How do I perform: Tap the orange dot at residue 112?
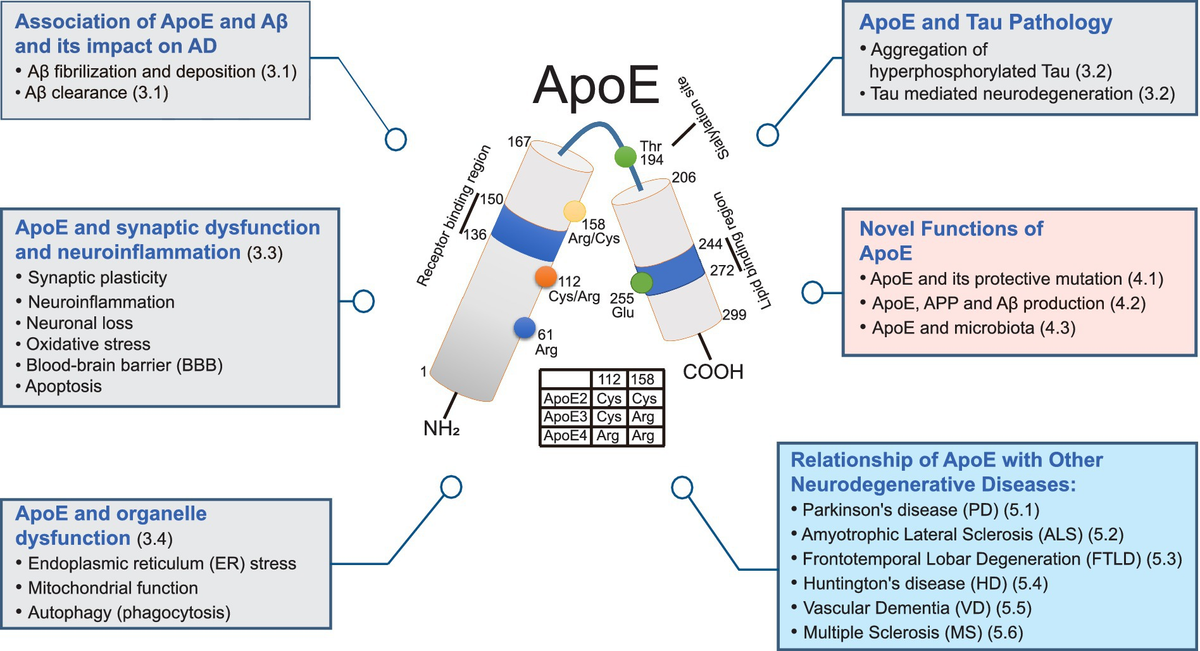point(545,276)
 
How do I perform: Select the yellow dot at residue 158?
point(575,211)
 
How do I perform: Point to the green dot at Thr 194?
point(626,157)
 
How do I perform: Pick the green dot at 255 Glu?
point(642,281)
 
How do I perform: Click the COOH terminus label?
point(714,373)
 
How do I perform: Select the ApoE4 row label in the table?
point(565,435)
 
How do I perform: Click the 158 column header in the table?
point(642,379)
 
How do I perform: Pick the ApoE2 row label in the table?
point(565,398)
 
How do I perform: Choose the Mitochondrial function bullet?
point(112,588)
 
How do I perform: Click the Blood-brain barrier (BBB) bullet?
point(125,364)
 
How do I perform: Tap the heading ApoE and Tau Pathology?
point(985,22)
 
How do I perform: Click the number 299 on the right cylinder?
point(735,315)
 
